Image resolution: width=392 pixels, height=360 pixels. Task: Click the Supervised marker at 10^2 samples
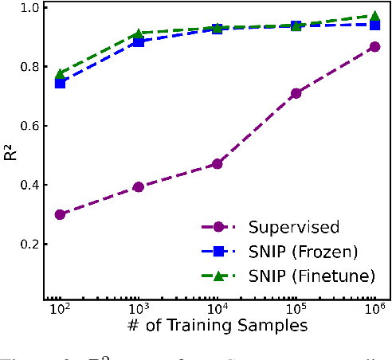(60, 214)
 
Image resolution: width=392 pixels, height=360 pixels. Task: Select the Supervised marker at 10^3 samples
(139, 187)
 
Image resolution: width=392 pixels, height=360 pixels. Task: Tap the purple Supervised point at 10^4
(217, 164)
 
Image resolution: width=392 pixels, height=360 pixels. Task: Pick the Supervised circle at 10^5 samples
(296, 93)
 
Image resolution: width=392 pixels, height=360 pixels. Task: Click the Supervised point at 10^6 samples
(374, 47)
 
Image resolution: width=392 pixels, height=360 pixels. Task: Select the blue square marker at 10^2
(60, 83)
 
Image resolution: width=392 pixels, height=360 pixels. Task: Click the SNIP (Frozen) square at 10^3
(139, 41)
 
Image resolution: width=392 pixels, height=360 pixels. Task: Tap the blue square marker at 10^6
(374, 25)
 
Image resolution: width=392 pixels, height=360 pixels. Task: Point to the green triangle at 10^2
(60, 75)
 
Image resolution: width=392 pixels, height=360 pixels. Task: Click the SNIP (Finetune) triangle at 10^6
(374, 16)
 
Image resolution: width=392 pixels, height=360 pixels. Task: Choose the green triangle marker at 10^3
(139, 33)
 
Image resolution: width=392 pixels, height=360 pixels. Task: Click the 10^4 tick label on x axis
(215, 309)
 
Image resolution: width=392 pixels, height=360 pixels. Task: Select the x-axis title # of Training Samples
(217, 327)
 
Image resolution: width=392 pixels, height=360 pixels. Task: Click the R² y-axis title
(10, 151)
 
